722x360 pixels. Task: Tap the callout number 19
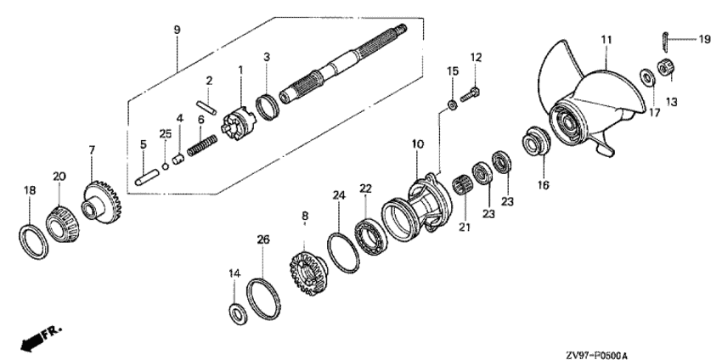704,39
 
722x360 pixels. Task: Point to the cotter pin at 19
666,38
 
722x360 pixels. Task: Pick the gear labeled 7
101,200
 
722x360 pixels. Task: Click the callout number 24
338,195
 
